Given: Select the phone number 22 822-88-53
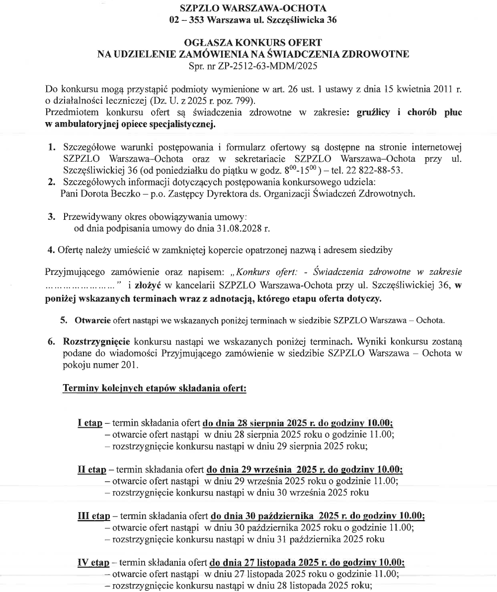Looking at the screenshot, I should tap(374, 170).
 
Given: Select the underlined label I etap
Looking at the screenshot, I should tap(90, 423).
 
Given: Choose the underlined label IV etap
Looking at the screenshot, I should tap(93, 562).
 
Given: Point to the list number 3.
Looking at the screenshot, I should tap(51, 217).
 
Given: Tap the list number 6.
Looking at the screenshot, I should tap(51, 342).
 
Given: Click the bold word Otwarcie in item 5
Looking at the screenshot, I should tap(92, 320).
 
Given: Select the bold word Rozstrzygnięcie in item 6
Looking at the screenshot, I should tap(96, 342).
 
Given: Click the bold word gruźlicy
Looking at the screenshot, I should tap(373, 112).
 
